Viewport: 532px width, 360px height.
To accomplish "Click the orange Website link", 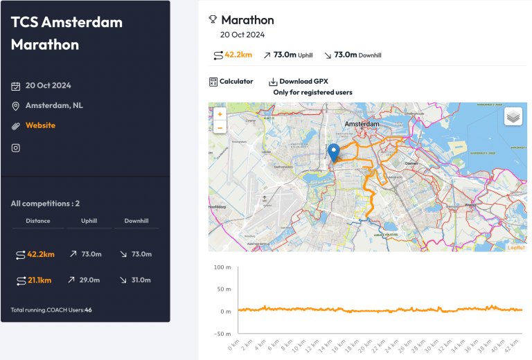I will (40, 125).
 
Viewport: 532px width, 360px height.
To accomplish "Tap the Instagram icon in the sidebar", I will (16, 147).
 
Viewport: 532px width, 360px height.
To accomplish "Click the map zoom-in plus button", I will (220, 114).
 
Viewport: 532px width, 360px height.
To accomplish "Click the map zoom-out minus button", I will (220, 127).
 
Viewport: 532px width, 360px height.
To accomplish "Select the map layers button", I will (513, 117).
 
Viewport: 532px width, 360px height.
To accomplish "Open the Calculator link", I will (231, 82).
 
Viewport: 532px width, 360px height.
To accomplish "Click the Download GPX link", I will (299, 82).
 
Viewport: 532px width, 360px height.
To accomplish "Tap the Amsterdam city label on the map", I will (362, 123).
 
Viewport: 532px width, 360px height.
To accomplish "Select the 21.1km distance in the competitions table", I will (39, 280).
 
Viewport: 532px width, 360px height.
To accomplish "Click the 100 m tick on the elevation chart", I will (222, 267).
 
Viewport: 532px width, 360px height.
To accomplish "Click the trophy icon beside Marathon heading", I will (213, 20).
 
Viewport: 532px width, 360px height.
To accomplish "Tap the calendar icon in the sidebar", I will (16, 86).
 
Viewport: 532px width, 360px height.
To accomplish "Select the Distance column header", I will (37, 222).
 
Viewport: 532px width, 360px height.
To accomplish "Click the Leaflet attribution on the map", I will (516, 247).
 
